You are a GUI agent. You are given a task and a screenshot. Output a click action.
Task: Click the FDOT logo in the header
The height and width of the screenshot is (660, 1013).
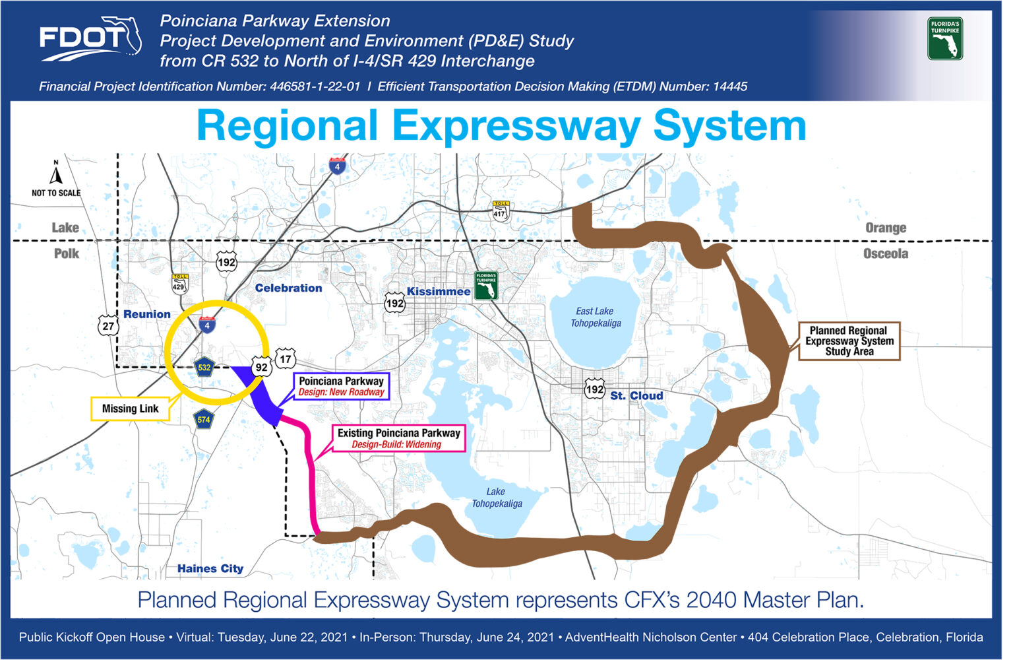[x=90, y=39]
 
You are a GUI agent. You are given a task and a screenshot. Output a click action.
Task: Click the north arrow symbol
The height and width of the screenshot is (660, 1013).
[x=56, y=173]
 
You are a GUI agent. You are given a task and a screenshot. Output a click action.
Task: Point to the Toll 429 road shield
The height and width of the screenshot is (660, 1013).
[x=179, y=284]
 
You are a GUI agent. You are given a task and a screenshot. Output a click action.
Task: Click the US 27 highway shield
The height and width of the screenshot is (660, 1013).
[x=108, y=325]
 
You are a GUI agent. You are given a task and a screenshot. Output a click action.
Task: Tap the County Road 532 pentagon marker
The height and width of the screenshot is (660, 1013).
[x=204, y=367]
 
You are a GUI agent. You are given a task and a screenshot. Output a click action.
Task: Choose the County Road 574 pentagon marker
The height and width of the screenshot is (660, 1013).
[x=204, y=420]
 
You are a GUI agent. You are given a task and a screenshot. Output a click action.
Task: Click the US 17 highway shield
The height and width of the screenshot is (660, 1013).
[x=286, y=359]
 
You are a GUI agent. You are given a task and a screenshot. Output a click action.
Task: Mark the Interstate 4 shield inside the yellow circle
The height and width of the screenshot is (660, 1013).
[x=207, y=325]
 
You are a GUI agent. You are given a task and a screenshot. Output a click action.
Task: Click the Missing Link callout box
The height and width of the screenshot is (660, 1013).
[x=130, y=409]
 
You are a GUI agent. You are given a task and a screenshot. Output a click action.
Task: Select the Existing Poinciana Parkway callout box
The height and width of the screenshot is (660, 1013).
[x=399, y=438]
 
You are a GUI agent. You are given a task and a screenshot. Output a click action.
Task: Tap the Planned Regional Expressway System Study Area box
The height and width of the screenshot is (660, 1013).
[x=849, y=341]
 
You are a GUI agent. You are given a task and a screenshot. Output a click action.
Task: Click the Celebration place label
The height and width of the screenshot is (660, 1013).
[x=288, y=288]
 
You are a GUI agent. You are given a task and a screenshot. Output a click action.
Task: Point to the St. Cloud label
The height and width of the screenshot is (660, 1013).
[x=636, y=395]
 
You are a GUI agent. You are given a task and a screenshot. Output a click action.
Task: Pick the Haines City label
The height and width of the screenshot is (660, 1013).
[x=210, y=568]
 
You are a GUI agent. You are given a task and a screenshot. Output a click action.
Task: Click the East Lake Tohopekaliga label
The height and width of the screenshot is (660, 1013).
[x=596, y=317]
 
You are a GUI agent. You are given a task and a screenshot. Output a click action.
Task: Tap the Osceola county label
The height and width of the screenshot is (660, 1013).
[x=886, y=253]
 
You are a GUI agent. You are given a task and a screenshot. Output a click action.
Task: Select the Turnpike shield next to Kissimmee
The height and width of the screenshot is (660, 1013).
[x=486, y=285]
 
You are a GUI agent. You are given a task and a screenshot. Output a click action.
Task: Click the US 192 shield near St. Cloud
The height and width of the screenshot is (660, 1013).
[x=594, y=389]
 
